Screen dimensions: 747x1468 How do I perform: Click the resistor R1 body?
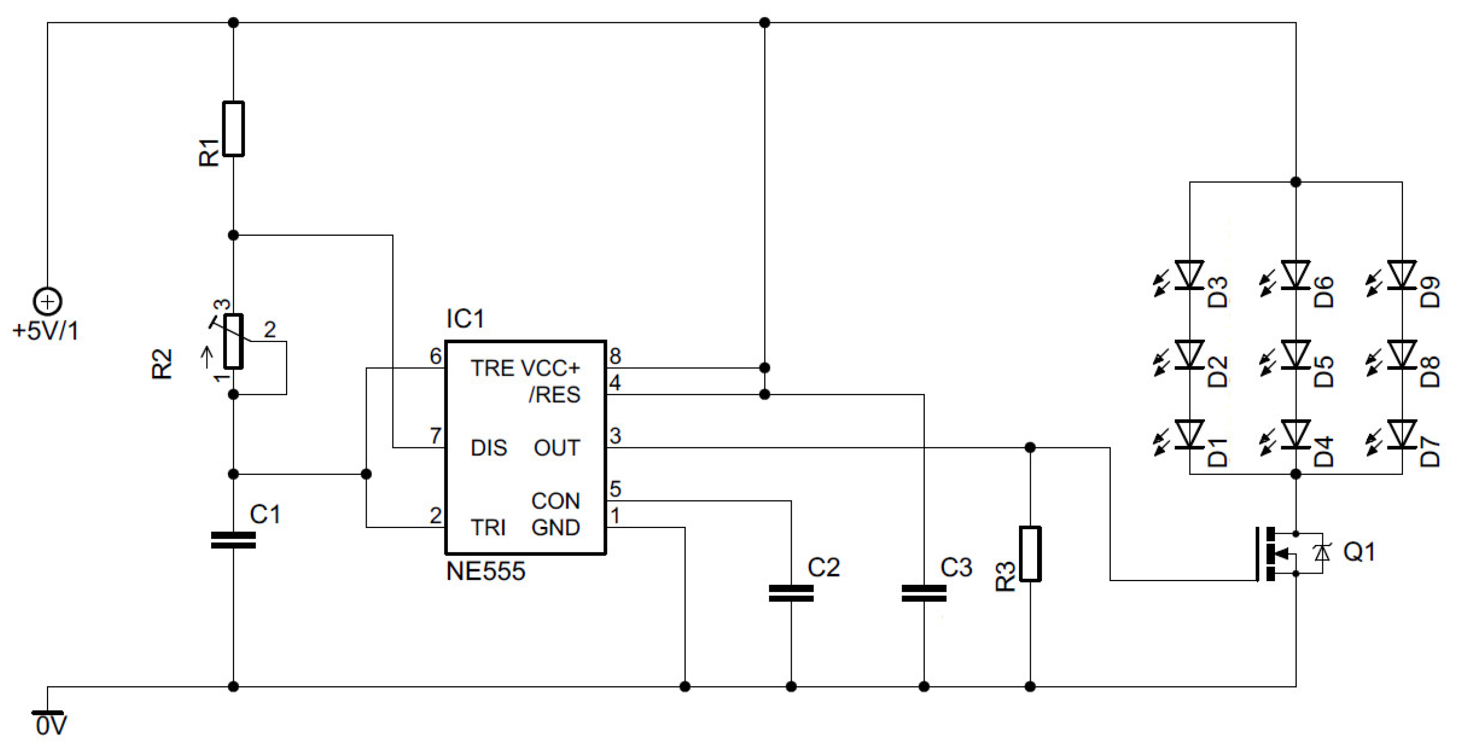pos(233,129)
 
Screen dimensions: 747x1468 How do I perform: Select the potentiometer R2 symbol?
pos(233,341)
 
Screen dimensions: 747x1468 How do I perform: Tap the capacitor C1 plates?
pos(233,540)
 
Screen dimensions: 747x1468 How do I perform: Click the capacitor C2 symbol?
pos(791,593)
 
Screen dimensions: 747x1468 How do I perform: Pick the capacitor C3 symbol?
pos(924,593)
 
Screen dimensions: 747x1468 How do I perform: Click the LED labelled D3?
pos(1190,275)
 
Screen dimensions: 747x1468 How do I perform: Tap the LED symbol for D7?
pos(1402,435)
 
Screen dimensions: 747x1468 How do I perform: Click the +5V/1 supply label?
pos(46,331)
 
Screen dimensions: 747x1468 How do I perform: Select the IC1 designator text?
pos(465,319)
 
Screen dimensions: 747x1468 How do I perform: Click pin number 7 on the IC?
pos(435,436)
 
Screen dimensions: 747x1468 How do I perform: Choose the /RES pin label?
pos(554,395)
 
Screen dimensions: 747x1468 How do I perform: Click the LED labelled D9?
pos(1402,275)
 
